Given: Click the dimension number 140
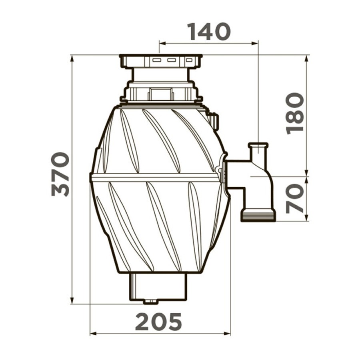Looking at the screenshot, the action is coord(209,32).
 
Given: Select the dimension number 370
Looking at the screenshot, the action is coord(60,174).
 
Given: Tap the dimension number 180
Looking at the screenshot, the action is coord(295,114).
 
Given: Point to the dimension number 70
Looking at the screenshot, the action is coord(295,198).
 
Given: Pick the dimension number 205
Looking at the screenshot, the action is coord(158,322).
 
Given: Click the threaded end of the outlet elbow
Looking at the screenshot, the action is coord(258,215).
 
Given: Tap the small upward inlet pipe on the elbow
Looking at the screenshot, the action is coord(258,152).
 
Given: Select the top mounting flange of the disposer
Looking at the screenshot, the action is coord(161,62).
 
